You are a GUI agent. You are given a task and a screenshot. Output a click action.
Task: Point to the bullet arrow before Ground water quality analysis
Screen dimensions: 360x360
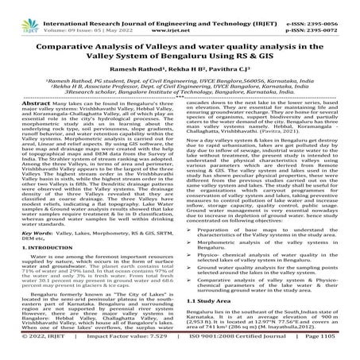[x=190, y=270]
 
